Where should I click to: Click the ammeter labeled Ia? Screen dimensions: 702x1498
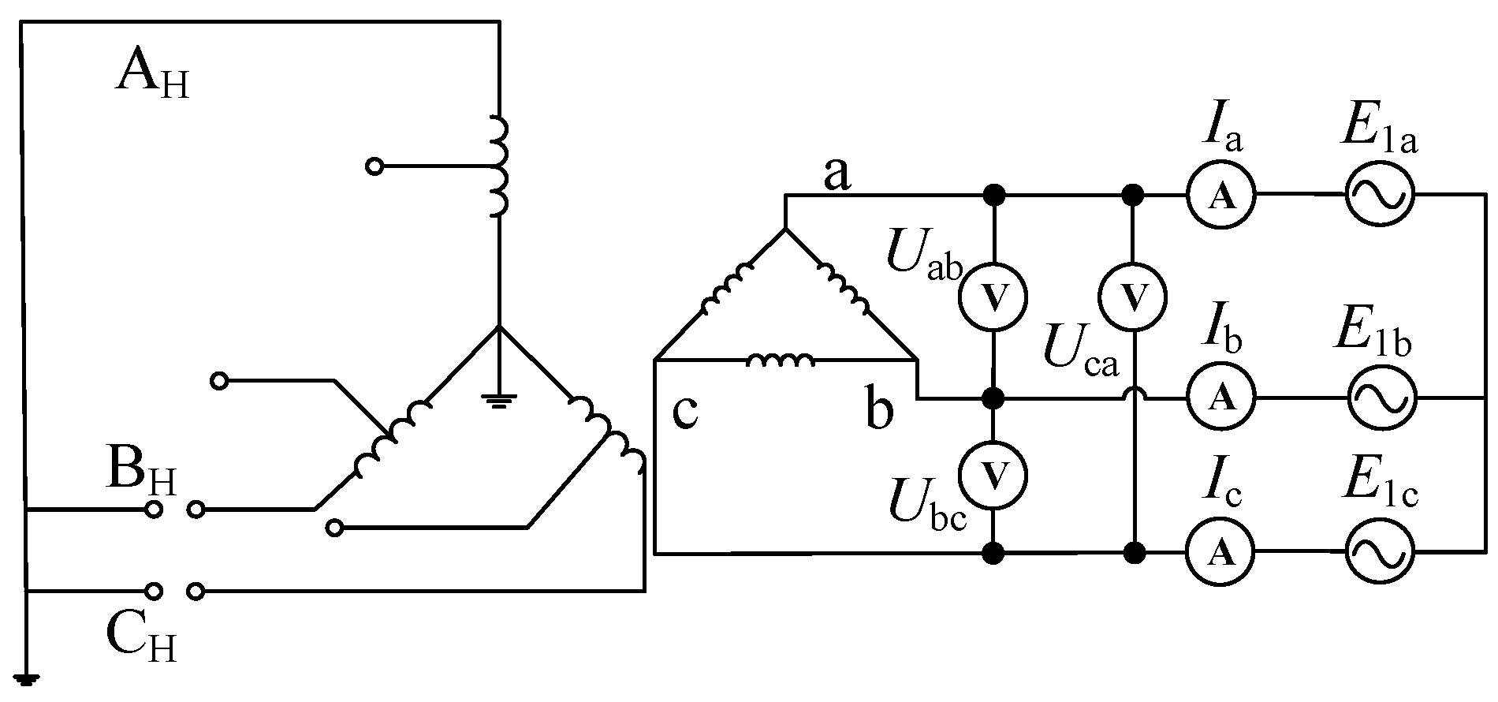(x=1221, y=195)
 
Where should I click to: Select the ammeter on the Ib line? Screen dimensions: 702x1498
(x=1221, y=398)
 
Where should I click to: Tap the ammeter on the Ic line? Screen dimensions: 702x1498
(x=1221, y=554)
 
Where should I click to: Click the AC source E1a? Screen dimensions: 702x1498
(x=1379, y=195)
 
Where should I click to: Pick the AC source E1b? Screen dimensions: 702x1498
(x=1381, y=398)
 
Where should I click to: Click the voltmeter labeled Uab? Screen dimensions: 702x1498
(x=993, y=296)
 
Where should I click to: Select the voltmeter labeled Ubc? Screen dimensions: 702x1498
(x=993, y=473)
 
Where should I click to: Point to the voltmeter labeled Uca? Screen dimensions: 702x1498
(x=1133, y=296)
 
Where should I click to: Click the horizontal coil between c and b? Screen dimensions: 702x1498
(x=780, y=360)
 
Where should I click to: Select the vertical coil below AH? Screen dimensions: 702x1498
(x=498, y=166)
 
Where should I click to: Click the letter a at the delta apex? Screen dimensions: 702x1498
(x=837, y=175)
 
